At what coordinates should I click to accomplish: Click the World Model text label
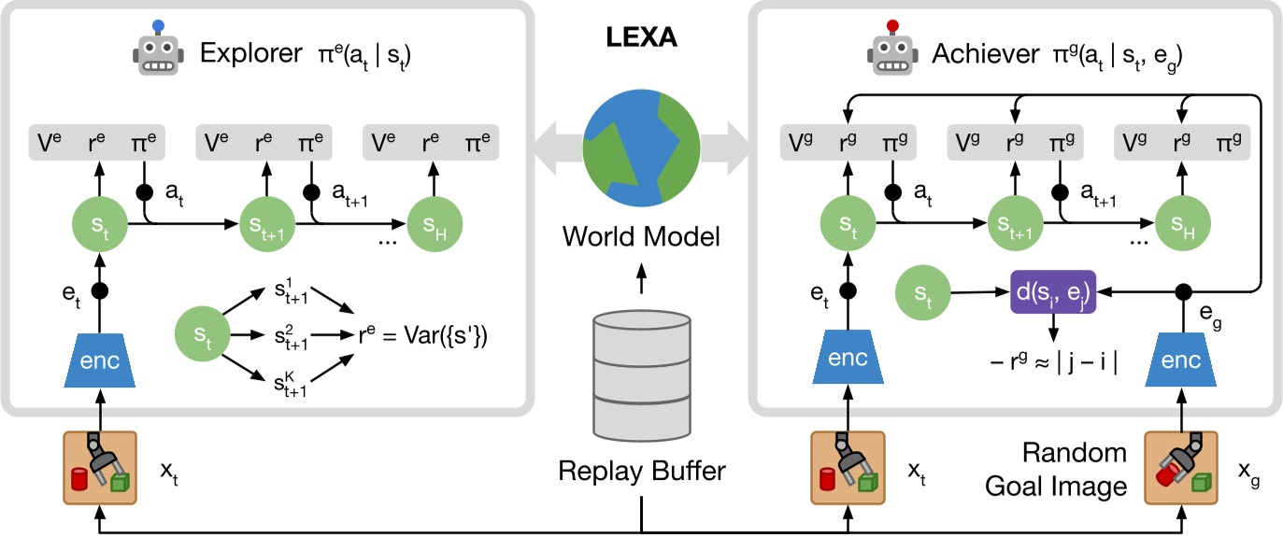pos(641,237)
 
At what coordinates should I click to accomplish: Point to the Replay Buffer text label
pos(641,472)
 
